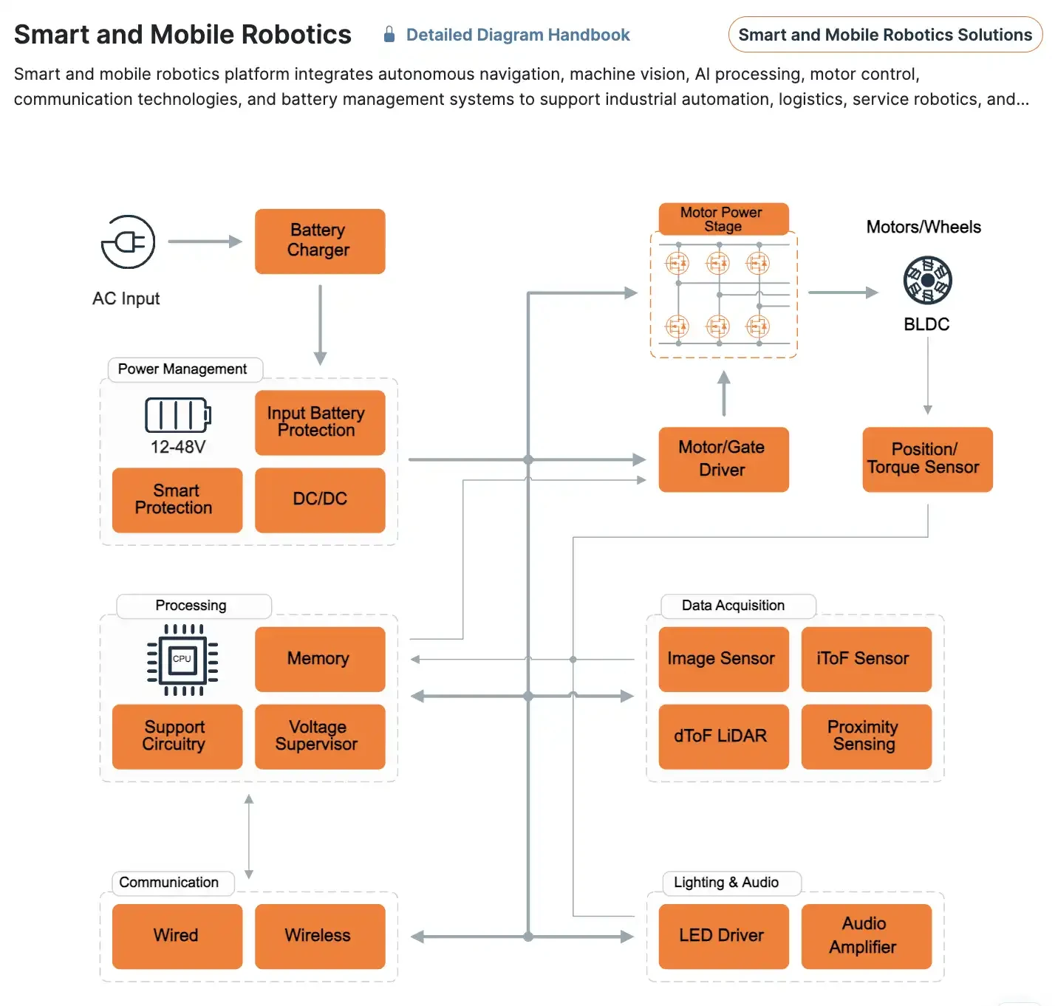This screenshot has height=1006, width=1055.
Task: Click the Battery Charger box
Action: tap(320, 241)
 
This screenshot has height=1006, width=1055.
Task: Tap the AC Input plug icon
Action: tap(129, 242)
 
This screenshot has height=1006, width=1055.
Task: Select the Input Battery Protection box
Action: tap(320, 422)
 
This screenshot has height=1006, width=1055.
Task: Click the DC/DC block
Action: tap(320, 499)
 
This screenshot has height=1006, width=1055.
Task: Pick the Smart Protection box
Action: tap(177, 499)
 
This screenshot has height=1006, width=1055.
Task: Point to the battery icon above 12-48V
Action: tap(177, 415)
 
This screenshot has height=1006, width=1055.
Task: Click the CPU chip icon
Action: tap(182, 660)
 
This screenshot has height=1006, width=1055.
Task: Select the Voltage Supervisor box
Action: tap(320, 736)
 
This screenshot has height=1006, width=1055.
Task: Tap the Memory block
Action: tap(320, 659)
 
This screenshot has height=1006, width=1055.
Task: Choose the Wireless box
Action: tap(320, 936)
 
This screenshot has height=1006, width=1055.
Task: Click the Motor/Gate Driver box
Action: tap(723, 459)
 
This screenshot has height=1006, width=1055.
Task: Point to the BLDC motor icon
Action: tap(927, 280)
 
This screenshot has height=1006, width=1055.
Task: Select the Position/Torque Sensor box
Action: tap(927, 459)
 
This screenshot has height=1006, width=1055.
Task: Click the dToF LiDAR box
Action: tap(723, 736)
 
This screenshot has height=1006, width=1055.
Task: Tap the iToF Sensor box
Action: tap(866, 659)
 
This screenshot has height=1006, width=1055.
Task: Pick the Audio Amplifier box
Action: tap(866, 936)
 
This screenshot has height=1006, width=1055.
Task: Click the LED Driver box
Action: tap(723, 936)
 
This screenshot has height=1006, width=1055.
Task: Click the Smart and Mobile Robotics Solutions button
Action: tap(885, 35)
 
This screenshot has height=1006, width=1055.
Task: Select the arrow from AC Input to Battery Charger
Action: tap(205, 242)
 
